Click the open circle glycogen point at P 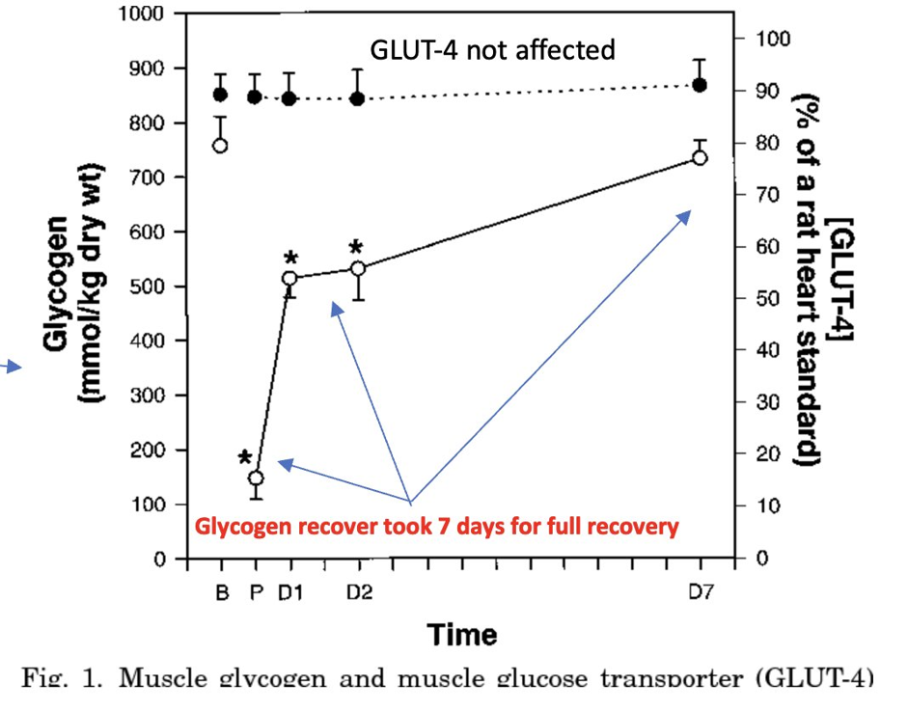pos(256,478)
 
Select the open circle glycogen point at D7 pos(700,157)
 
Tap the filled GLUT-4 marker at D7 pos(700,86)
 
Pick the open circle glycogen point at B pos(220,146)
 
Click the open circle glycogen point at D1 pos(289,279)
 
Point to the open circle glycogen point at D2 pos(358,269)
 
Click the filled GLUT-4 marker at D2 pos(357,98)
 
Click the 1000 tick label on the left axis pos(143,14)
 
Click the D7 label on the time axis pos(701,594)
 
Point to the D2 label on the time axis pos(359,594)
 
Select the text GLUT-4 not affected pos(493,50)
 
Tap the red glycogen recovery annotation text pos(437,528)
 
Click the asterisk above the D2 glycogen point pos(356,246)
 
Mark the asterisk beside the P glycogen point pos(245,457)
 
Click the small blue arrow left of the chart pos(11,366)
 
